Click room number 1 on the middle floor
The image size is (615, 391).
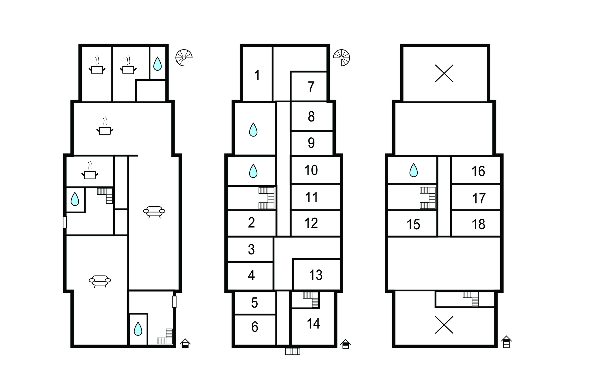(x=257, y=75)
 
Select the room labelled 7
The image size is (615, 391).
(x=311, y=87)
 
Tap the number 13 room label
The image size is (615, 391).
(x=316, y=275)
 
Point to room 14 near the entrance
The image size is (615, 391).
(x=314, y=323)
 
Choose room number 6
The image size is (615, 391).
(x=255, y=327)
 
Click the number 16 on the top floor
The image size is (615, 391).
(x=478, y=171)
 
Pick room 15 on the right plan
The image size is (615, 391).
(x=413, y=224)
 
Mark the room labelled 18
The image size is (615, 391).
(x=478, y=224)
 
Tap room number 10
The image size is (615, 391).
(x=311, y=170)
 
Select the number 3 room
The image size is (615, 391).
(x=251, y=249)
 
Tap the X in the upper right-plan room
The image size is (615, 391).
(x=444, y=74)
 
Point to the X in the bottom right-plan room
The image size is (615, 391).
(x=444, y=325)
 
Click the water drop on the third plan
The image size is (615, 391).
(x=414, y=170)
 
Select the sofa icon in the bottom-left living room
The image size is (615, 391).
(x=100, y=281)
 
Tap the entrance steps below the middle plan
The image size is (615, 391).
(x=292, y=351)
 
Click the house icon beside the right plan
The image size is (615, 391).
(x=506, y=342)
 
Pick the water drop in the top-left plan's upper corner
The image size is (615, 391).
(x=157, y=64)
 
